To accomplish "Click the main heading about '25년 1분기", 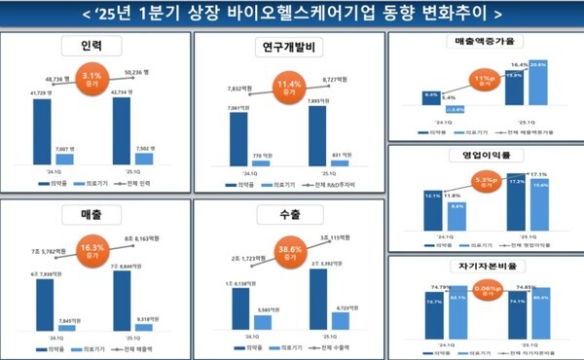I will pos(292,14).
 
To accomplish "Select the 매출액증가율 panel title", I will pos(485,43).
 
